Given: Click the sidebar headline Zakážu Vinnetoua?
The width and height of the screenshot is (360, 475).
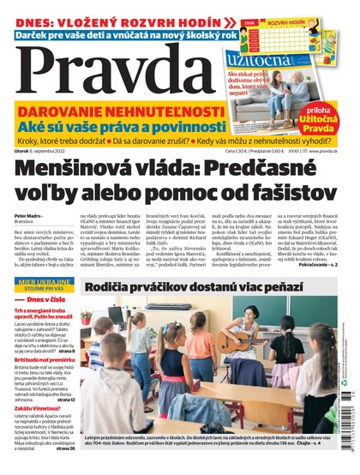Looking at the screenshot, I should [36, 408].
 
